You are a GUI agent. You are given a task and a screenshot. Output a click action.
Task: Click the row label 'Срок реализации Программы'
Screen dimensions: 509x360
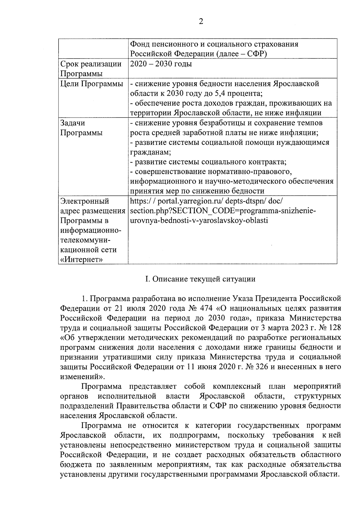point(91,69)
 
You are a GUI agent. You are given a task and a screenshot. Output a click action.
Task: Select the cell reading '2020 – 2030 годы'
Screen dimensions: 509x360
point(161,64)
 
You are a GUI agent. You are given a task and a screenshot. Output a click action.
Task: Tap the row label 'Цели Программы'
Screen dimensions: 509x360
point(92,84)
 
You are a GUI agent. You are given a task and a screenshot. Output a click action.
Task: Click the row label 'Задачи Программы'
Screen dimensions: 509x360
point(81,128)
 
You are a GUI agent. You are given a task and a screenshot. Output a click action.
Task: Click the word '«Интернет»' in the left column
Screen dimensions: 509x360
point(81,259)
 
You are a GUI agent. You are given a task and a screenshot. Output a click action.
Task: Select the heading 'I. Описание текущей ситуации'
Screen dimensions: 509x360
point(200,279)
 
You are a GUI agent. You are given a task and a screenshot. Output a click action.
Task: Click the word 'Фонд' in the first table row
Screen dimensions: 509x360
point(139,44)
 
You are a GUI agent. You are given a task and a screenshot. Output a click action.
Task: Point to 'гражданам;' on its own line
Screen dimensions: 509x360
point(150,152)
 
